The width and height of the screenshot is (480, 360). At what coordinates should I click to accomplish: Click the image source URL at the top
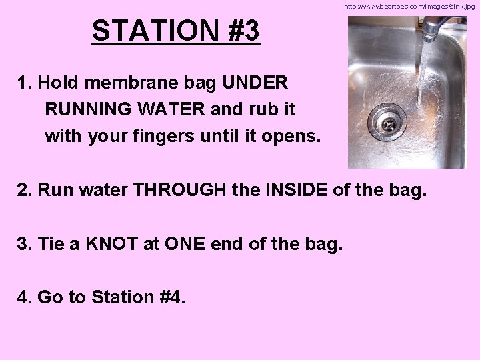(409, 6)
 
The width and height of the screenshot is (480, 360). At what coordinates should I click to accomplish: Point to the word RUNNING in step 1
(83, 109)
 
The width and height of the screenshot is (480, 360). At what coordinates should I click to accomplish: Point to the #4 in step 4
(171, 297)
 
